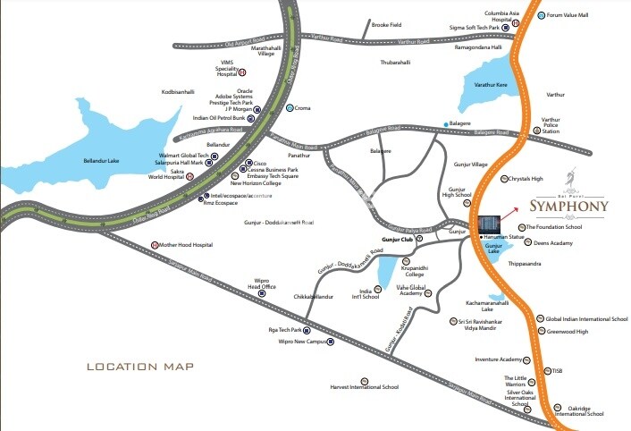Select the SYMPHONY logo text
569,206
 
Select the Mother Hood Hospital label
188,244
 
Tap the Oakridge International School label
579,410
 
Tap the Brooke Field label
387,25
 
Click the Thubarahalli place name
395,63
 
